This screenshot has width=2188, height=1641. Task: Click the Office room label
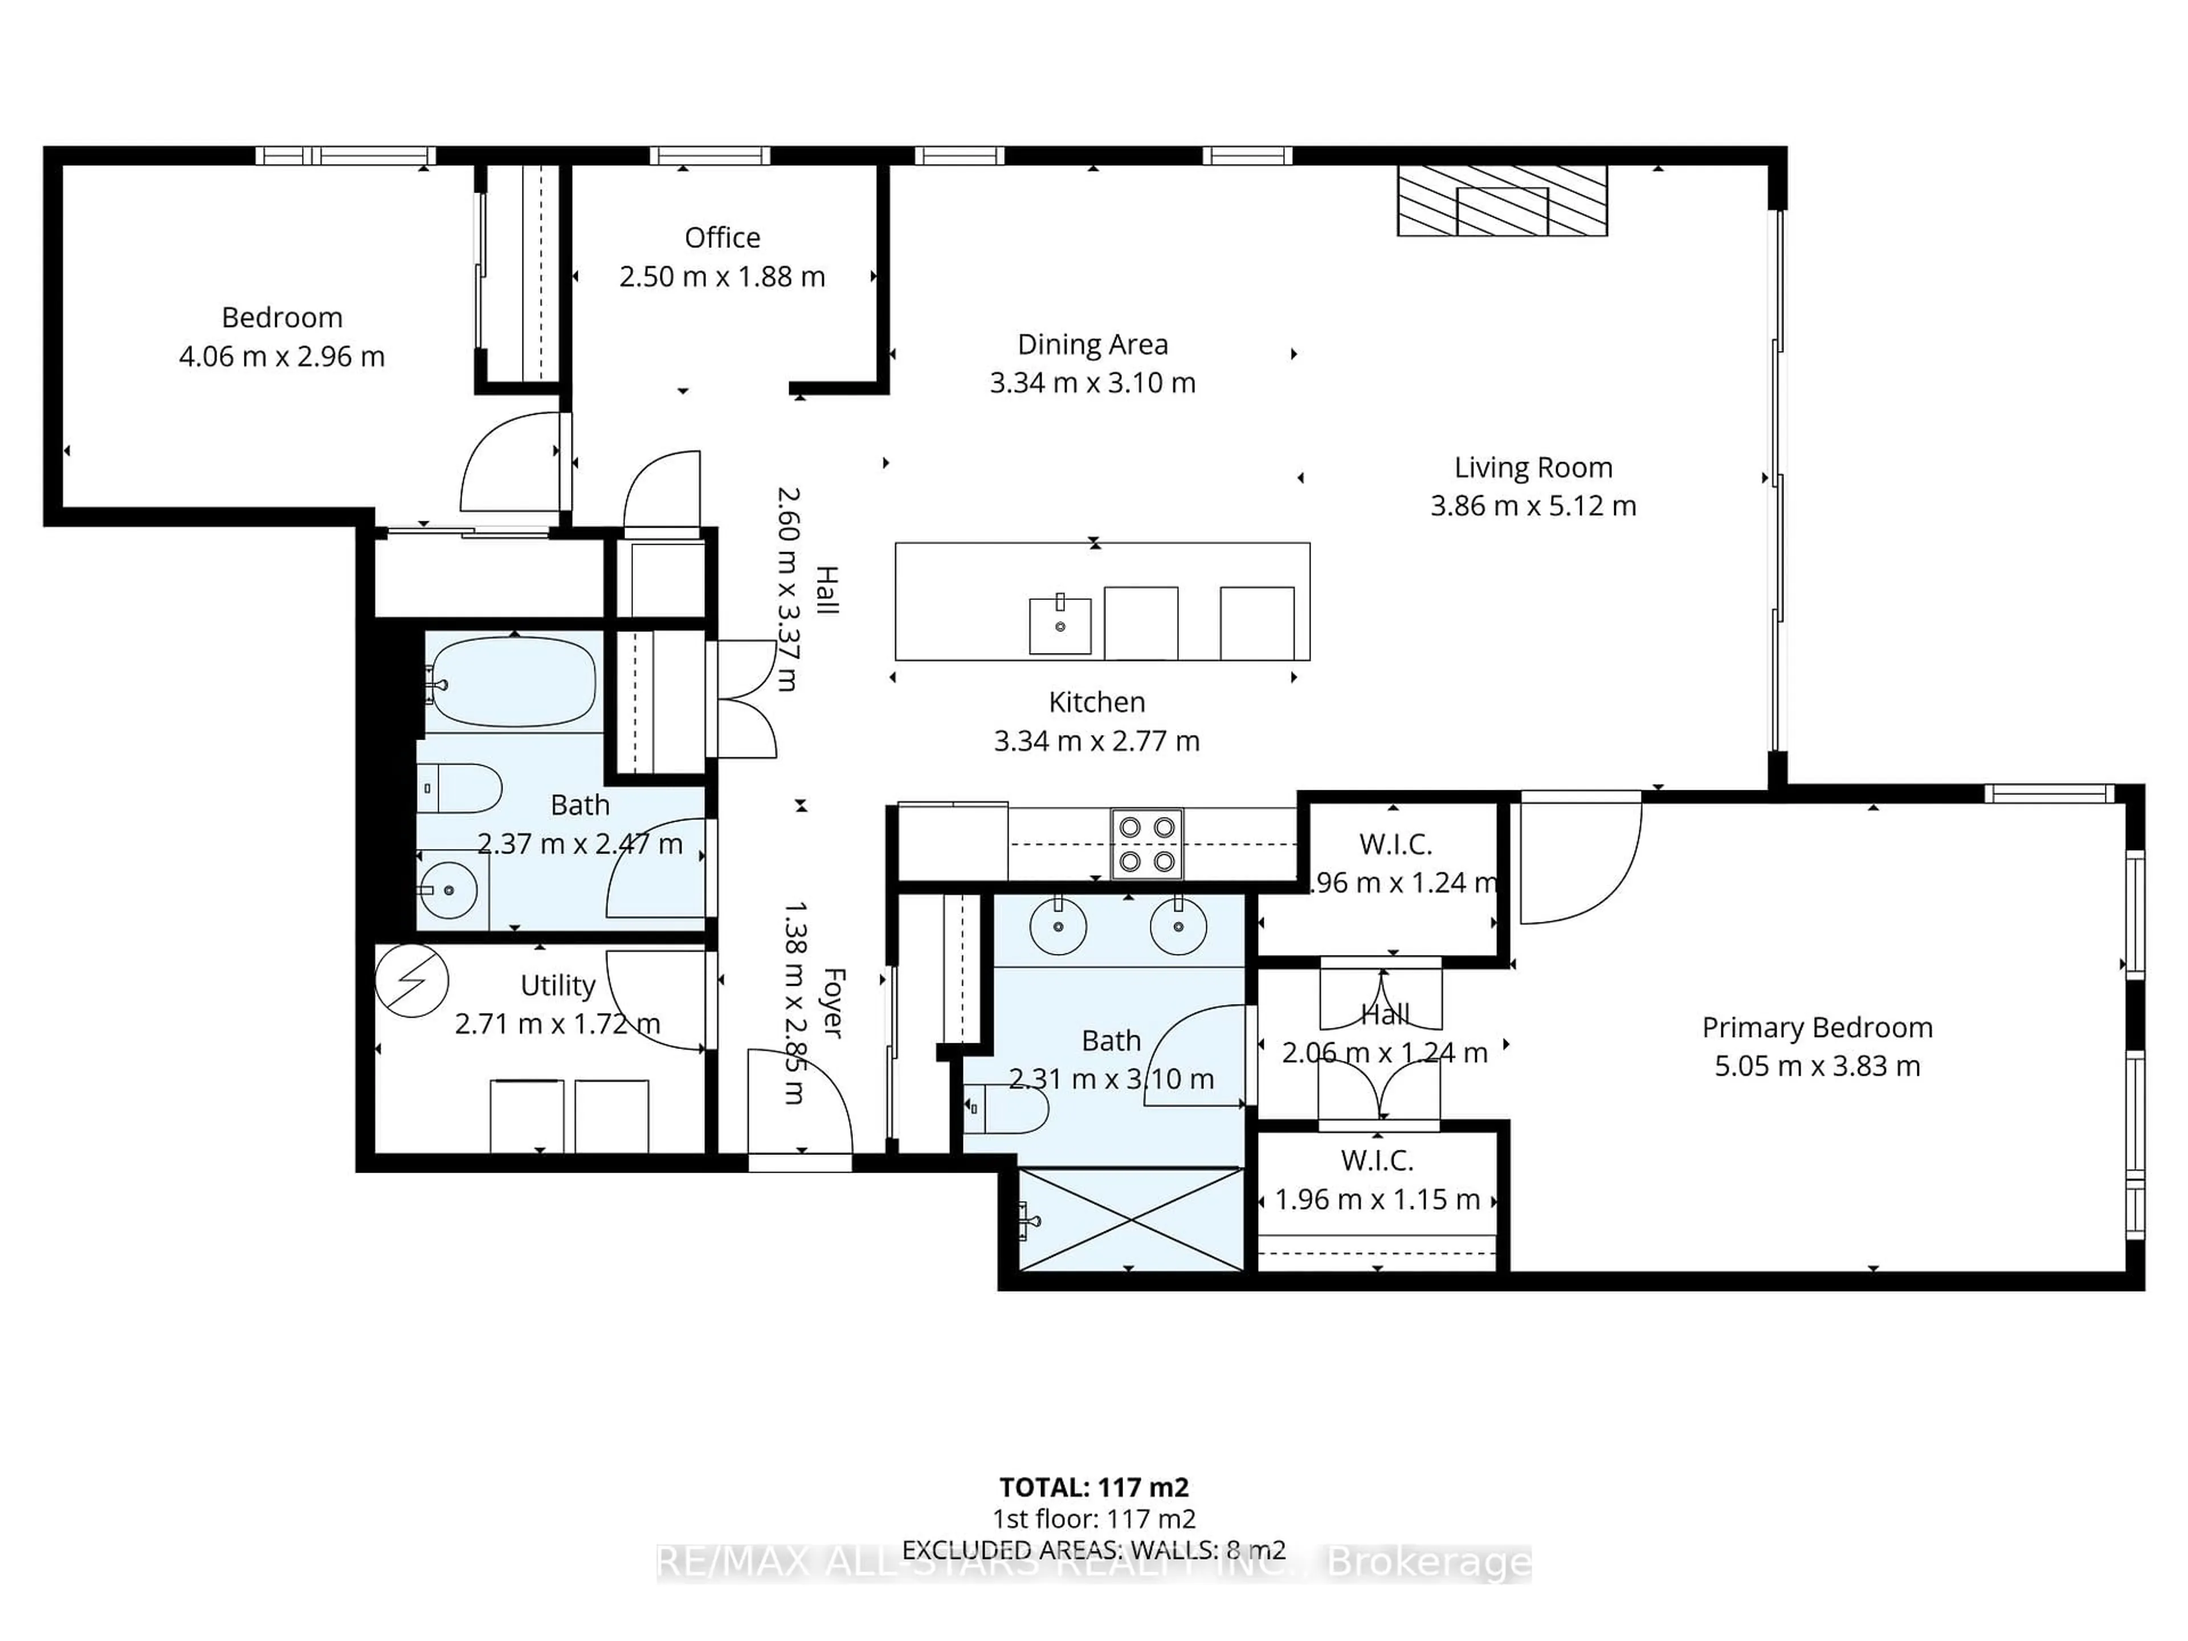722,238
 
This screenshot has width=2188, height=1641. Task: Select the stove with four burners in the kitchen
1146,844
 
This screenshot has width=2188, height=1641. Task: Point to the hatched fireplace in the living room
1501,201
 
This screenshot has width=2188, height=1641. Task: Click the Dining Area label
1092,344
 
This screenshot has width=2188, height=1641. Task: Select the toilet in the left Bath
461,789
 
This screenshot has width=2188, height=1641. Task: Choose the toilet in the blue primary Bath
1007,1110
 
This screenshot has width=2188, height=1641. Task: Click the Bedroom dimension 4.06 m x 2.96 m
282,356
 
